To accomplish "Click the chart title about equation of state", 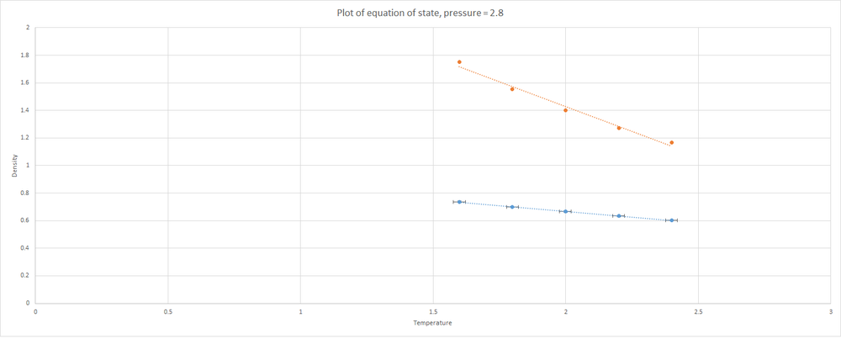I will (420, 12).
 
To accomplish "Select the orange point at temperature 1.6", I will (459, 62).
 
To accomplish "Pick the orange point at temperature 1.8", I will (512, 89).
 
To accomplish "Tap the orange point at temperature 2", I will (565, 110).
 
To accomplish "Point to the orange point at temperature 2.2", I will (619, 128).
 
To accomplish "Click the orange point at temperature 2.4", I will (671, 143).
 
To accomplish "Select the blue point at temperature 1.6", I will (459, 202).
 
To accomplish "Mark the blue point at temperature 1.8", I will (512, 207).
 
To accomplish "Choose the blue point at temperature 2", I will (565, 211).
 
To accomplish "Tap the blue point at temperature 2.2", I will (619, 216).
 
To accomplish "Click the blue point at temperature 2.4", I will (671, 220).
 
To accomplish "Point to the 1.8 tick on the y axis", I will (26, 56).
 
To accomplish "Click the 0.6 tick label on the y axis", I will (26, 220).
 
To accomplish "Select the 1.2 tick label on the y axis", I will (26, 138).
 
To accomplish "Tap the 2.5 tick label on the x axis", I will (698, 311).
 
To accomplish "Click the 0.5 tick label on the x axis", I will (168, 311).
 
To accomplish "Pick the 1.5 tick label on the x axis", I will (433, 311).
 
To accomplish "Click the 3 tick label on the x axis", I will (830, 311).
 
